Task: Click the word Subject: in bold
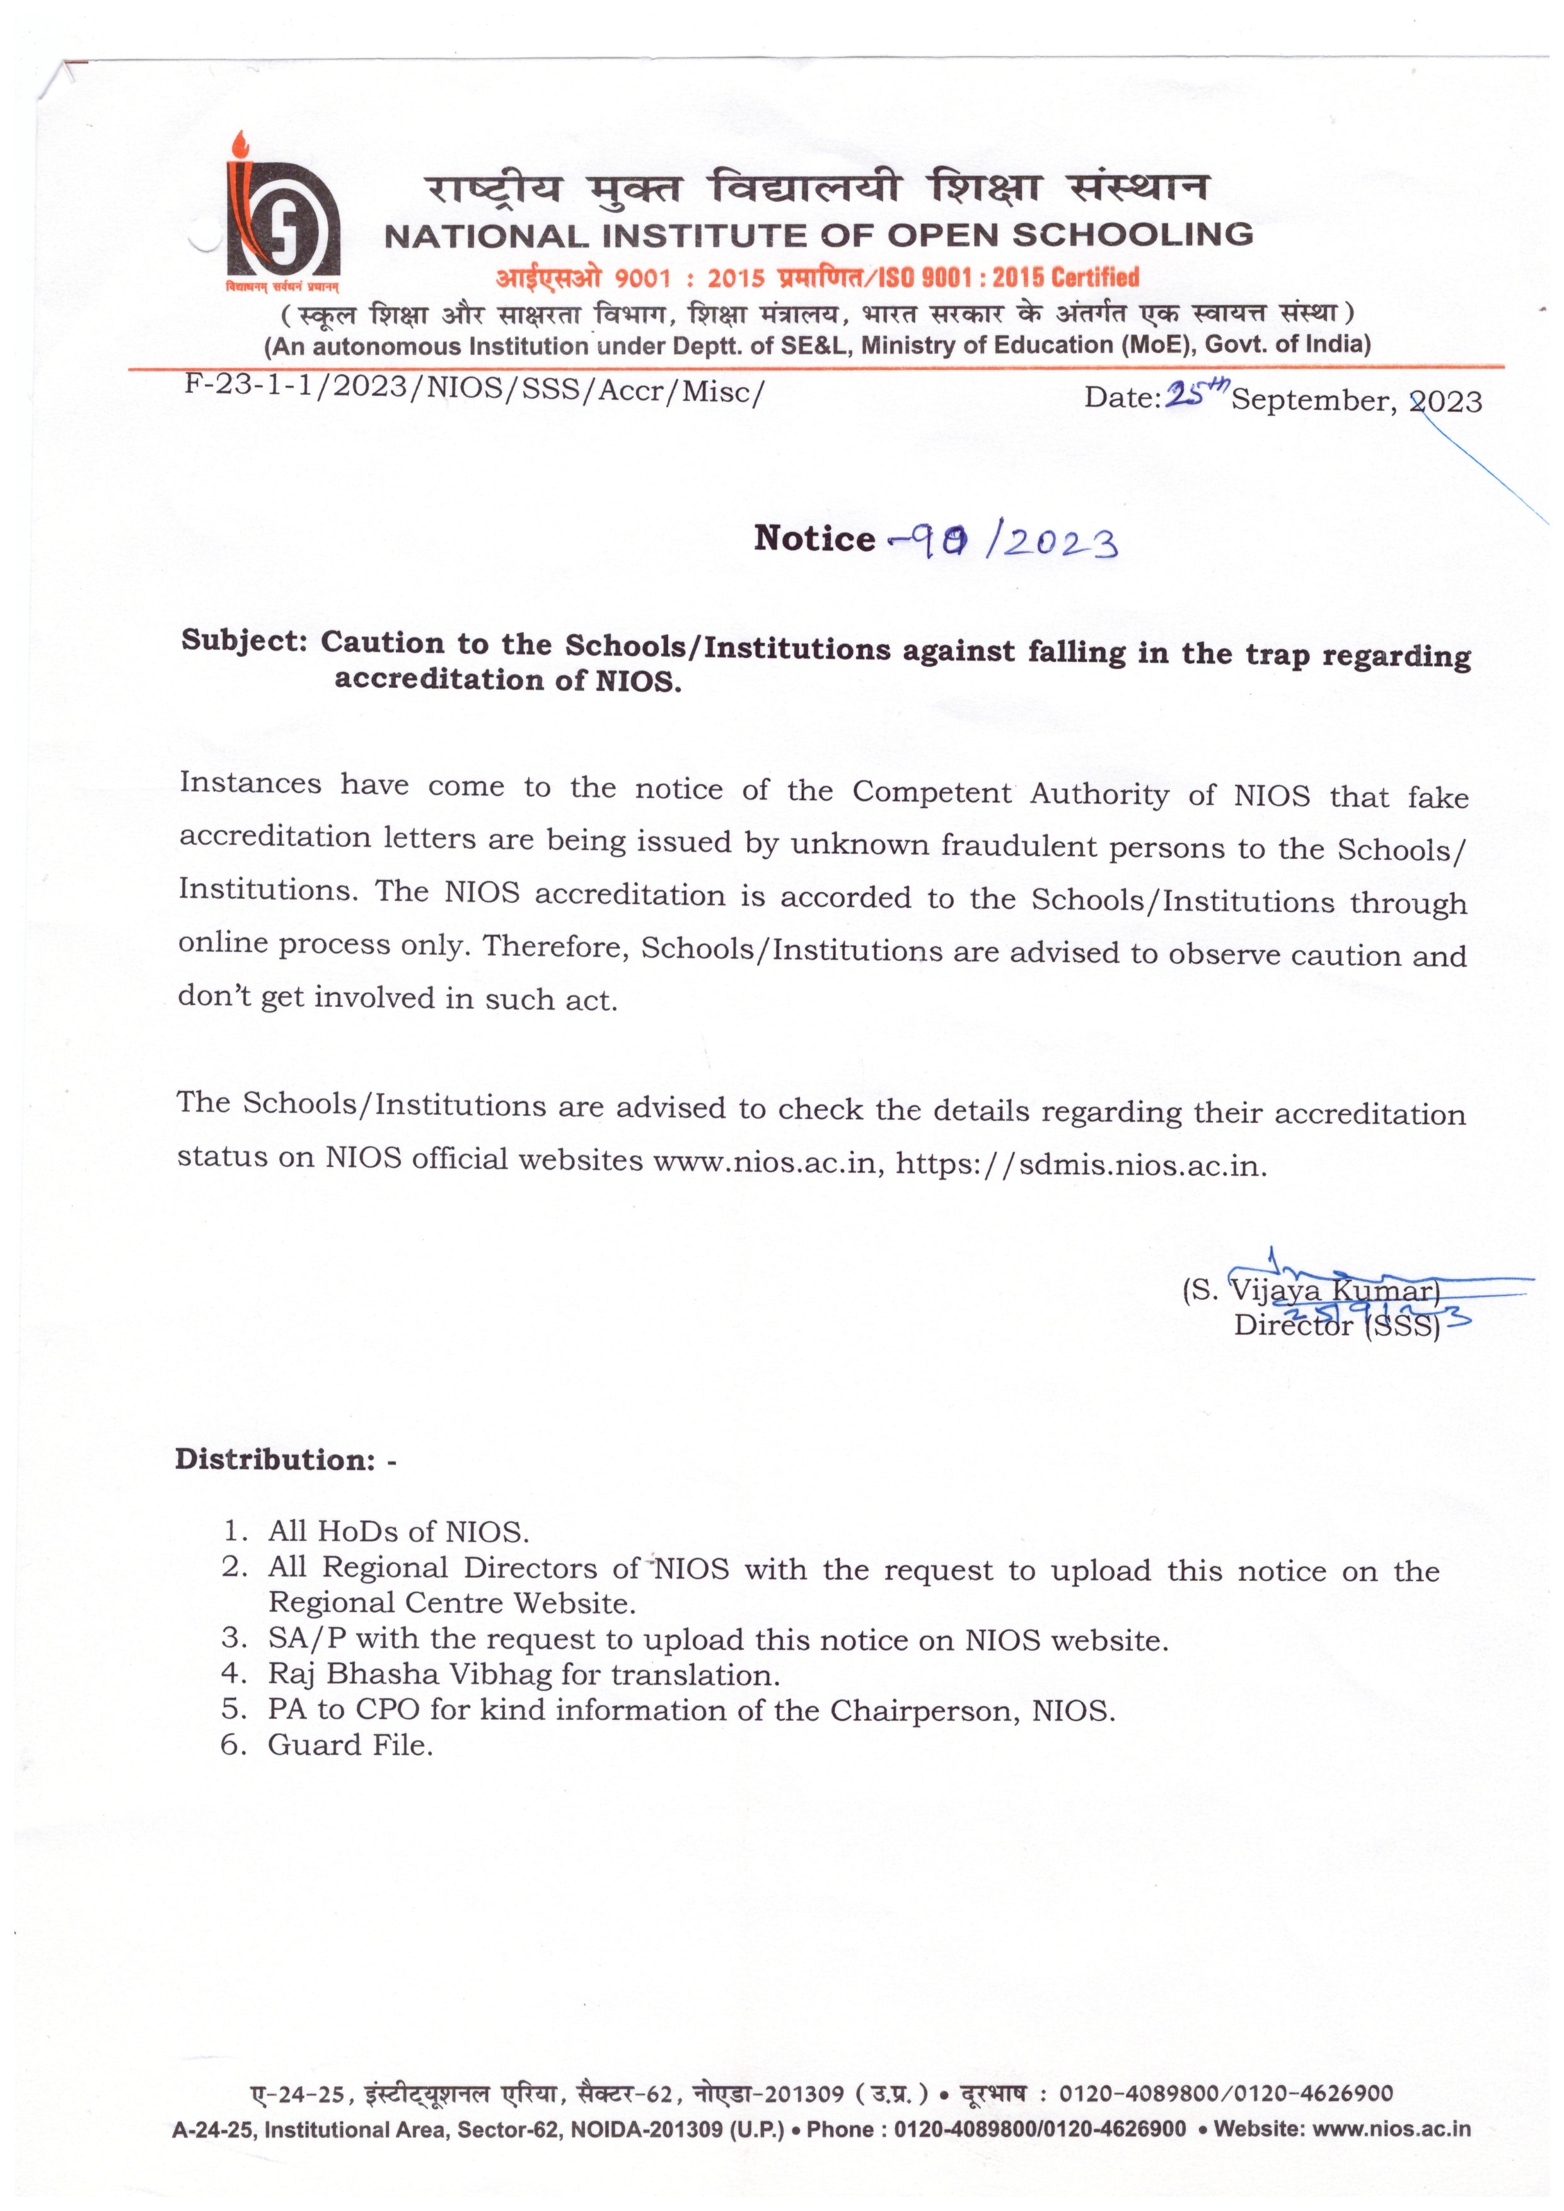coord(245,641)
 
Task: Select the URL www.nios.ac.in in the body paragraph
coord(768,1161)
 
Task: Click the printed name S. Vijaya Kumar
coord(1311,1291)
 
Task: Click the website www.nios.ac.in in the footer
coord(1392,2128)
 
